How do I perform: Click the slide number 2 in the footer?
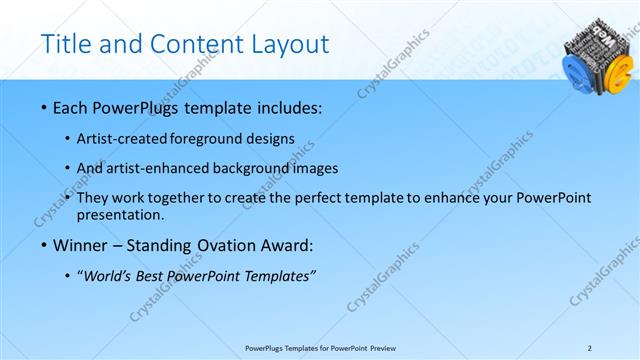click(x=589, y=347)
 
